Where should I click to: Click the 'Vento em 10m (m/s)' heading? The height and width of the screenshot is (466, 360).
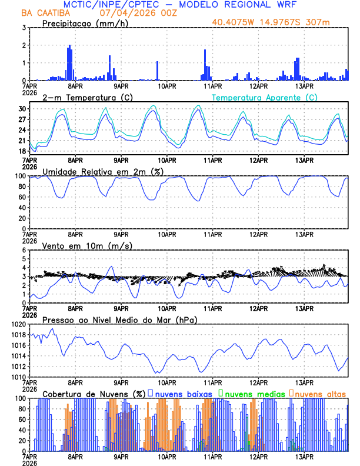tap(79, 245)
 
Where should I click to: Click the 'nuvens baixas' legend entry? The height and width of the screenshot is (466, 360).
tap(184, 394)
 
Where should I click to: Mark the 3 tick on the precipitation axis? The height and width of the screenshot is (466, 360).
tap(25, 28)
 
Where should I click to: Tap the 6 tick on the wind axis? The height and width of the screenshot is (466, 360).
tap(25, 250)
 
